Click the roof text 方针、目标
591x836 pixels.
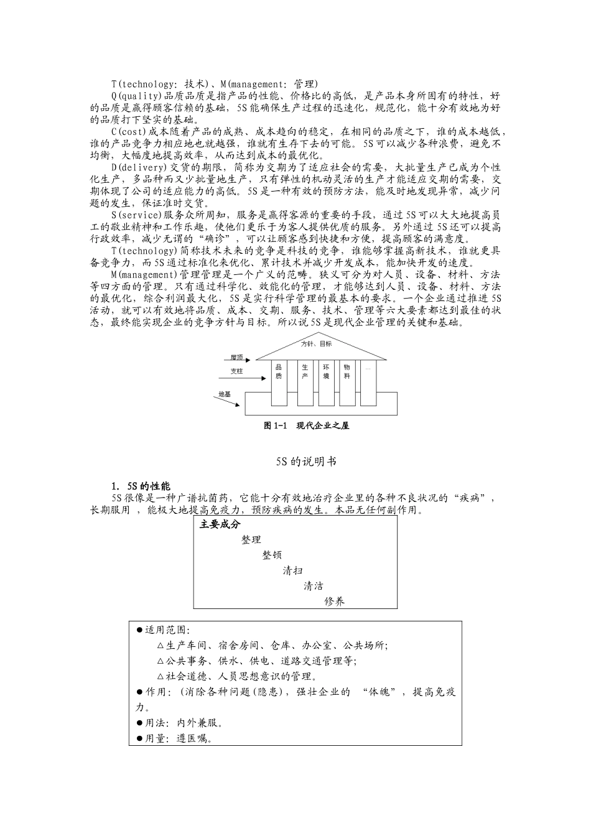(x=317, y=343)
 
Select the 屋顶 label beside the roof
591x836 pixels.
(x=236, y=358)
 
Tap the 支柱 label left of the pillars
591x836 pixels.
(x=236, y=371)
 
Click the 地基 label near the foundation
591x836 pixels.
(x=225, y=394)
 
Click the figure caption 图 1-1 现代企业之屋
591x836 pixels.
(x=306, y=425)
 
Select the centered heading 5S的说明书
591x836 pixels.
(x=306, y=462)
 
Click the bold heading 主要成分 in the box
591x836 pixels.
(x=220, y=524)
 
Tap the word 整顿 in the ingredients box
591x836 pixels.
(x=272, y=555)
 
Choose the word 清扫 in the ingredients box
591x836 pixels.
(x=292, y=570)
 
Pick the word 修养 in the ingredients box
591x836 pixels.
(x=334, y=601)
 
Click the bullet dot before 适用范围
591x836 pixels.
(x=139, y=630)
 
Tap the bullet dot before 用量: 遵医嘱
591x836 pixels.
(x=139, y=739)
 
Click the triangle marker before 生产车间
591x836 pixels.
(x=161, y=646)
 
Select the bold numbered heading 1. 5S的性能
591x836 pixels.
(x=141, y=486)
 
